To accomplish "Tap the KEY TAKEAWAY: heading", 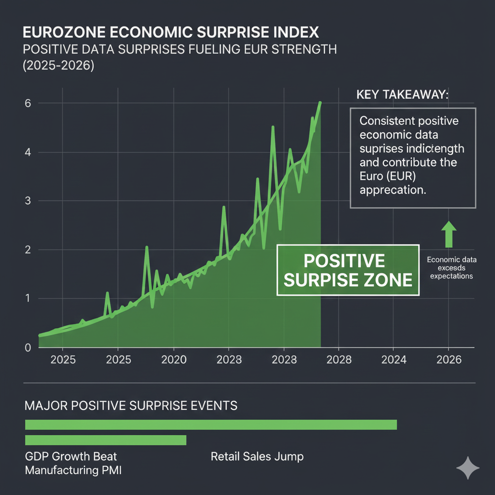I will click(x=402, y=95).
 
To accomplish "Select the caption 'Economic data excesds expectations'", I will click(x=451, y=268).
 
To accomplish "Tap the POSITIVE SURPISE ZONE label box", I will click(x=348, y=270).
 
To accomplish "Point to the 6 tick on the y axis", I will click(x=28, y=103).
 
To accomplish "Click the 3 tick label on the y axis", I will click(x=28, y=201).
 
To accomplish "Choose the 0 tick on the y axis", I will click(x=28, y=348).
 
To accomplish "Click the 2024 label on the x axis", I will click(x=393, y=360).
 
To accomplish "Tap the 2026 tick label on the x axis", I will click(x=448, y=360).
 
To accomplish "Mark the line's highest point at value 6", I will click(x=320, y=102).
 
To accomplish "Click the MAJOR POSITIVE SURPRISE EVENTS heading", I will click(x=131, y=405).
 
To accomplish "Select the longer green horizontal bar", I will click(x=211, y=424).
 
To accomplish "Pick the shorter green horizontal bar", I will click(x=105, y=440).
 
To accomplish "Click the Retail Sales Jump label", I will click(x=257, y=456).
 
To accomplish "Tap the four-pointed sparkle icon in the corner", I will click(x=468, y=468).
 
